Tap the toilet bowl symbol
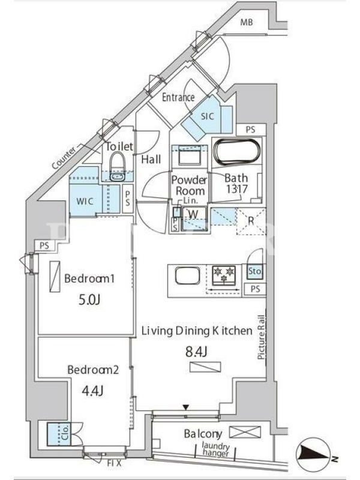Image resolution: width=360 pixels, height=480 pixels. [118, 167]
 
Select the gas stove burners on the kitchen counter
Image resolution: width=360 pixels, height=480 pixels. [224, 274]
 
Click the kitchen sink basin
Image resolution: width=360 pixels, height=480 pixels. [187, 275]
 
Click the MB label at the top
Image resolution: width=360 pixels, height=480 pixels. [247, 22]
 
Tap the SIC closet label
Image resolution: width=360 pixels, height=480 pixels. [207, 116]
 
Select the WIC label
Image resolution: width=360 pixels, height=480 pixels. [85, 202]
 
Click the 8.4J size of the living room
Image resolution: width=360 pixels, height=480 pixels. [196, 352]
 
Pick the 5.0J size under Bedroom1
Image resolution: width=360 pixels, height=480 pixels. [89, 301]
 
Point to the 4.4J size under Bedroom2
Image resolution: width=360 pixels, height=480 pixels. [93, 391]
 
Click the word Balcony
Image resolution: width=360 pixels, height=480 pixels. [203, 434]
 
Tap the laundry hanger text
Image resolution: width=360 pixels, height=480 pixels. [216, 450]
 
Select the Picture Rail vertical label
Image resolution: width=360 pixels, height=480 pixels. [261, 337]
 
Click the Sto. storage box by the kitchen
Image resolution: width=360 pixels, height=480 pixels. [254, 272]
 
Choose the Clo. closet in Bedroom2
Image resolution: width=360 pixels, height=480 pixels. [59, 434]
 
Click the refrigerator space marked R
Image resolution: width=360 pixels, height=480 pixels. [251, 221]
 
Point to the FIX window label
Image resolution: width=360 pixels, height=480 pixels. [114, 463]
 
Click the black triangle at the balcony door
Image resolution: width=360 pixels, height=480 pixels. [185, 407]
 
